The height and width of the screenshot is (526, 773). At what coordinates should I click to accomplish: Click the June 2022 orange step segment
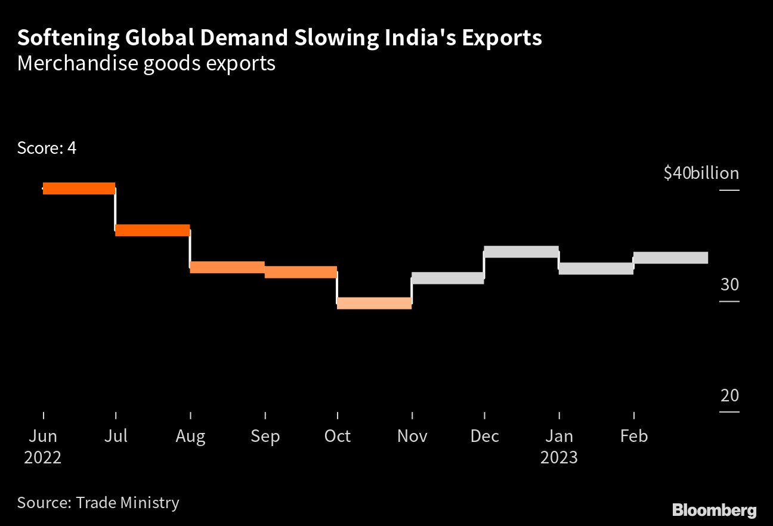[79, 188]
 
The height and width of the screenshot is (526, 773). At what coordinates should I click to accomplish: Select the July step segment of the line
[152, 230]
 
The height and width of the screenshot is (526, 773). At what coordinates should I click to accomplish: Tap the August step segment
[227, 267]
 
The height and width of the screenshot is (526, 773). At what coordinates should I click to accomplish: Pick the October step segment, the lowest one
[374, 303]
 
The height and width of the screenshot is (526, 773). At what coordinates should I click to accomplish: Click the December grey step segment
[521, 252]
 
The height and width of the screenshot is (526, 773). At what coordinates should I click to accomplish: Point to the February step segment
[670, 258]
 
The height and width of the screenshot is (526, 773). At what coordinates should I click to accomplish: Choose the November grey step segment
[447, 278]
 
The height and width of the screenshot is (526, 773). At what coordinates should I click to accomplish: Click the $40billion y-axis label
[701, 174]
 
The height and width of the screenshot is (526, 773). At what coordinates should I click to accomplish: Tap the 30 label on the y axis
[729, 284]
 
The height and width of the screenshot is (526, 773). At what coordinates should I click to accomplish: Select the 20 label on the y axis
[729, 395]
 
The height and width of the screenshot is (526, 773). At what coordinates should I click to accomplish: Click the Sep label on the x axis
[265, 437]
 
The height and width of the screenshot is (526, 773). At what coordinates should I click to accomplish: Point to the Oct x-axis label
[338, 437]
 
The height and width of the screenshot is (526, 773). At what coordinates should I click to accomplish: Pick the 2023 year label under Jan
[559, 457]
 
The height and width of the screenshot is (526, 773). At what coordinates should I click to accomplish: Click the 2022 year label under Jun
[43, 457]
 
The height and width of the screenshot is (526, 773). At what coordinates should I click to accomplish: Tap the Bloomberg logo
[715, 510]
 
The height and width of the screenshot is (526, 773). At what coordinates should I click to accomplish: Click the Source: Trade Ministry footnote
[98, 502]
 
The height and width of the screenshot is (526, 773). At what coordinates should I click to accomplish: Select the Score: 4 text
[47, 148]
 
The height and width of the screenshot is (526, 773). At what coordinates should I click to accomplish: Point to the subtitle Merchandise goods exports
[146, 63]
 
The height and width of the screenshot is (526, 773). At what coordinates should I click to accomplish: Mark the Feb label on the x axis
[633, 437]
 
